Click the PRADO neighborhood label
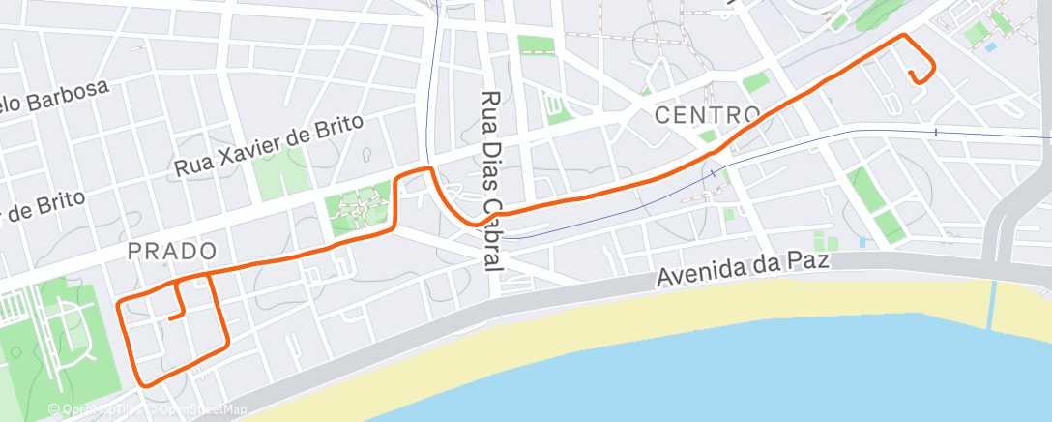172,251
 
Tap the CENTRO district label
708,115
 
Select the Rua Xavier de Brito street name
269,145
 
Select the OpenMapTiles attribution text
98,410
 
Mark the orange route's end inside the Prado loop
170,316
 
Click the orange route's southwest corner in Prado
145,385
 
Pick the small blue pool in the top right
990,46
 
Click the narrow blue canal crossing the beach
991,305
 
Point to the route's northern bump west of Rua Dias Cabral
416,171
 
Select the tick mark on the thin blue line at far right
936,131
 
